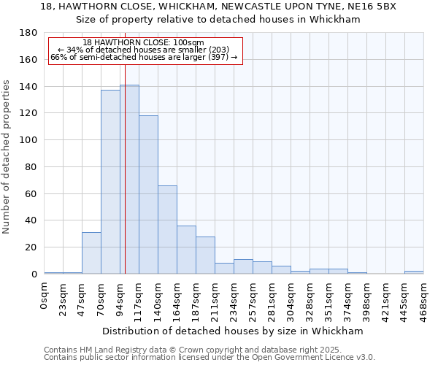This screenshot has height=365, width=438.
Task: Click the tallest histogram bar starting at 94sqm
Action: tap(129, 180)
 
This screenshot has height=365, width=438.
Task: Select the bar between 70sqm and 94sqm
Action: tap(110, 182)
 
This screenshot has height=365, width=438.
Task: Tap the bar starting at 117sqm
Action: tap(148, 195)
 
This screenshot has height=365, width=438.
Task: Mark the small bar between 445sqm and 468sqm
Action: tap(414, 272)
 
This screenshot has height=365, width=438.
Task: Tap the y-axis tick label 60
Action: tap(33, 193)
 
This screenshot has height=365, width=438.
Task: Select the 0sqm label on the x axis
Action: tap(45, 296)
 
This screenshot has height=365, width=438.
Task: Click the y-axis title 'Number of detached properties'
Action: tap(7, 168)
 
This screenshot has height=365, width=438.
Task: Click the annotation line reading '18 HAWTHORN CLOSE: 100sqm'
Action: tap(144, 43)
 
